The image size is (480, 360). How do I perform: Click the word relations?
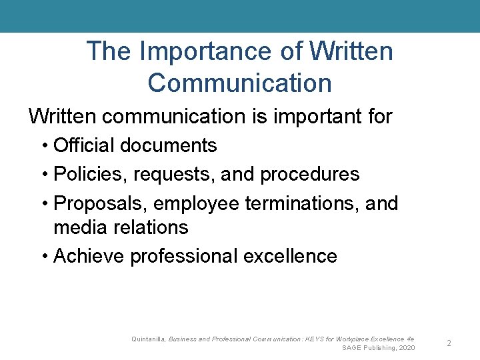pyautogui.click(x=150, y=227)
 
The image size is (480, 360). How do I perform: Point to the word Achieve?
pyautogui.click(x=89, y=256)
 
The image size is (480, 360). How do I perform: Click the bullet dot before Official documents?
pyautogui.click(x=43, y=146)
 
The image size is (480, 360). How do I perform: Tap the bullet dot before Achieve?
pyautogui.click(x=43, y=257)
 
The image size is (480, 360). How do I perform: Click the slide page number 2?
pyautogui.click(x=449, y=343)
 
